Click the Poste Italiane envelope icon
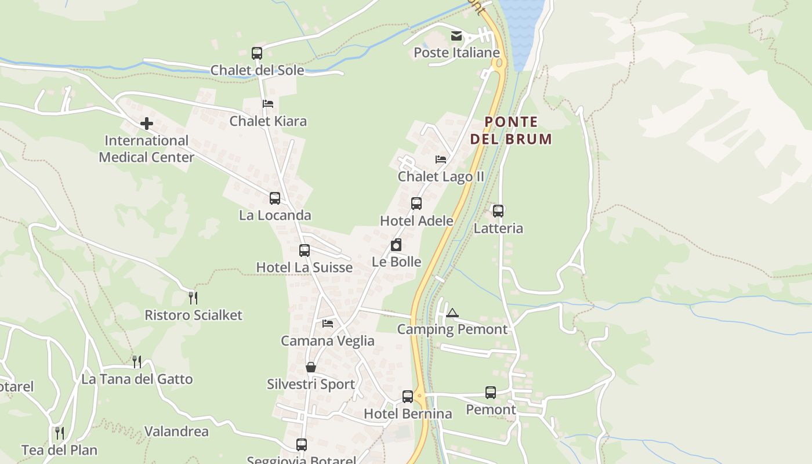coord(456,37)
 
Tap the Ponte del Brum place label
coord(510,130)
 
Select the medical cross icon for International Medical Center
coord(147,123)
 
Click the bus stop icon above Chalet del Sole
coord(257,53)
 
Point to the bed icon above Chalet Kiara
coord(267,104)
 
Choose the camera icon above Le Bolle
coord(396,245)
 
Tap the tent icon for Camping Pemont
coord(452,313)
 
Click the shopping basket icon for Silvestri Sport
coord(311,367)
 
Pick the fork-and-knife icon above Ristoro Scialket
coord(193,298)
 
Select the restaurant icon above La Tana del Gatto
coord(137,362)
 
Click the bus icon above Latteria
coord(498,211)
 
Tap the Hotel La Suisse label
coord(304,267)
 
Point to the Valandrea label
coord(176,432)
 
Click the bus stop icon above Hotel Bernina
coord(408,397)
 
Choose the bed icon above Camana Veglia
coord(328,324)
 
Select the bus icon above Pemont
coord(491,393)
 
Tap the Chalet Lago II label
coord(441,176)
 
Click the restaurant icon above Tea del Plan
coord(59,433)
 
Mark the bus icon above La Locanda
coord(275,198)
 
